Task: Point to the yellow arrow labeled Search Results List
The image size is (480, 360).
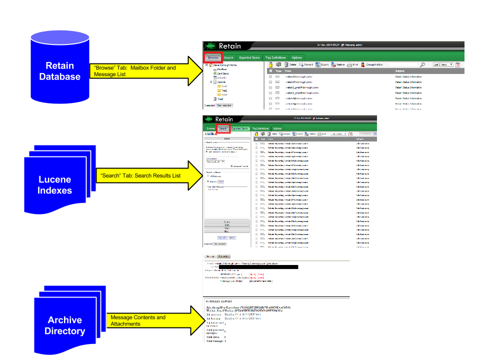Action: coord(150,175)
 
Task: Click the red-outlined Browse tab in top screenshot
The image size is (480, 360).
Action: coord(213,57)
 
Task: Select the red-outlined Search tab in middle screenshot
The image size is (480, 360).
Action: coord(223,128)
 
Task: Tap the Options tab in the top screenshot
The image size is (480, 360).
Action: coord(296,57)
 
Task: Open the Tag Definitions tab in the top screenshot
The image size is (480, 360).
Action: coord(275,57)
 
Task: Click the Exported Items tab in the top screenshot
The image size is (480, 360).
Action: coord(249,57)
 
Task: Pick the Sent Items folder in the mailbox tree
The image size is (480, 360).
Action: coord(222,73)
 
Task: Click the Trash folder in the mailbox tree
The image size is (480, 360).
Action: coord(220,99)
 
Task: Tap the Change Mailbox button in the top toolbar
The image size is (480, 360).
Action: coord(375,64)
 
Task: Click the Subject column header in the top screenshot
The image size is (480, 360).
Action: coord(400,71)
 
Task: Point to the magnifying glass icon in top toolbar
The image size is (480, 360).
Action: coord(422,64)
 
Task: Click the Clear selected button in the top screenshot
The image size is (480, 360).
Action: coord(224,105)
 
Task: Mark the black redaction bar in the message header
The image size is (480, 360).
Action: coord(260,267)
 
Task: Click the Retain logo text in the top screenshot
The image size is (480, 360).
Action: coord(229,46)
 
